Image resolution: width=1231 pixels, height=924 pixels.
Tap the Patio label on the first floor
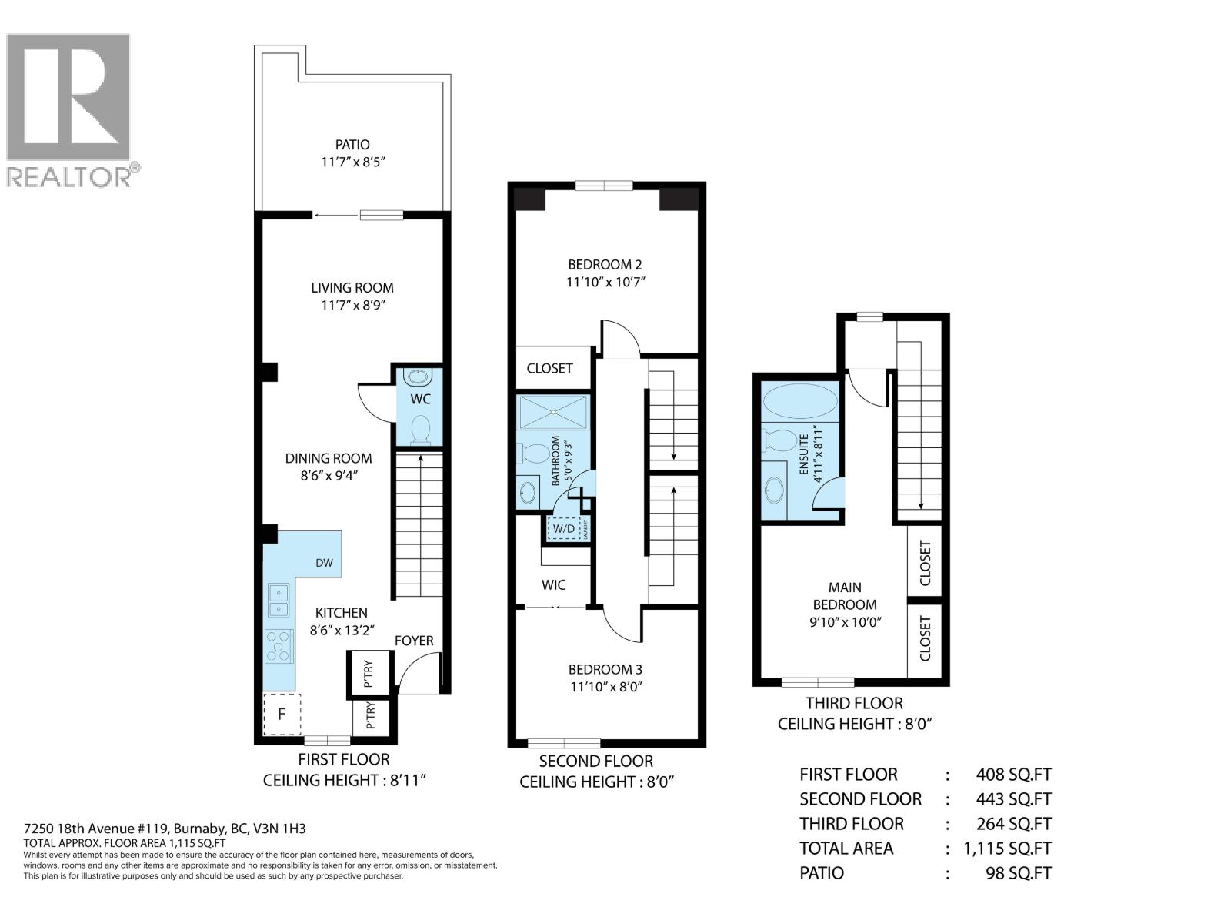(x=352, y=145)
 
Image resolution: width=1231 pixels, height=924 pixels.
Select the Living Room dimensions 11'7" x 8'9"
(x=352, y=306)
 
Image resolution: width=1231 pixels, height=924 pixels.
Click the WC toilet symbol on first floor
(x=420, y=429)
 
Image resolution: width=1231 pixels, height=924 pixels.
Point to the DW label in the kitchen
(x=324, y=563)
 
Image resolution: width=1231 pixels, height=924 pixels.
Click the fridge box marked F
(x=282, y=714)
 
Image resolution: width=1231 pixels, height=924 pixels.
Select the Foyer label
(x=414, y=641)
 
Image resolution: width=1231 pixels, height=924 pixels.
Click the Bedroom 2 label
(x=605, y=264)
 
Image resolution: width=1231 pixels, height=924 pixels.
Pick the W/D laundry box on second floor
(x=563, y=529)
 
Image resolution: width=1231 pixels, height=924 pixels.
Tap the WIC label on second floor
(x=553, y=585)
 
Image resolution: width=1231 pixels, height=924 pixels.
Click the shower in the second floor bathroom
(x=554, y=412)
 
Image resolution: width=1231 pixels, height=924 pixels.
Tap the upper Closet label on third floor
(x=925, y=562)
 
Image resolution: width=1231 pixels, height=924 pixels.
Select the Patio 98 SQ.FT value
(x=1017, y=873)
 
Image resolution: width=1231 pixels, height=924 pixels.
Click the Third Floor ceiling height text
(x=854, y=724)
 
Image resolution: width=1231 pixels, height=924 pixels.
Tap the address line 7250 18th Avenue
(x=165, y=829)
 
